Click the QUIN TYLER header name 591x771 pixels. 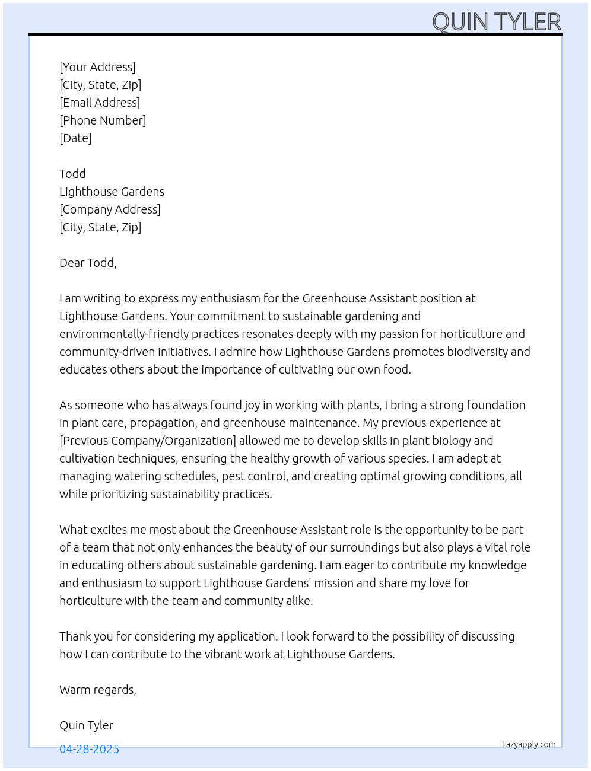496,22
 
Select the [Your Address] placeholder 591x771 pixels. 97,67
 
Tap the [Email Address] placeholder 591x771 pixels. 100,103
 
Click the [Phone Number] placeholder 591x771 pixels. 103,120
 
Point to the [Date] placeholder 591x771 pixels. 75,138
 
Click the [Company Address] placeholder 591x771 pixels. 110,209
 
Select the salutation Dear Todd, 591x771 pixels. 88,263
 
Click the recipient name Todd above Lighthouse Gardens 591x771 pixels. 72,174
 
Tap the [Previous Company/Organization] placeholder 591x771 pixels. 148,441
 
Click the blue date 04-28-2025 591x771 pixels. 89,749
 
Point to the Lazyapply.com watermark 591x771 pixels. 529,744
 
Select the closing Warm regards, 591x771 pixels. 98,690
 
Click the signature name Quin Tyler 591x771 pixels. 86,725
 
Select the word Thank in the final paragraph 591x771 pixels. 75,636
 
